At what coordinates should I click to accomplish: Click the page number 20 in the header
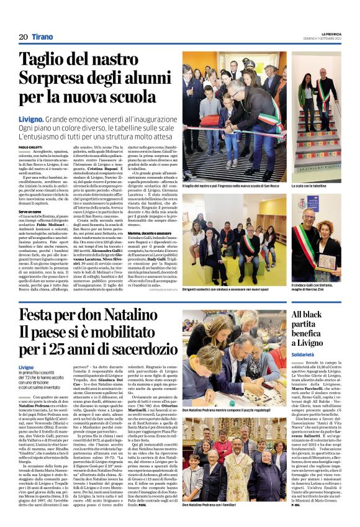(23, 37)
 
